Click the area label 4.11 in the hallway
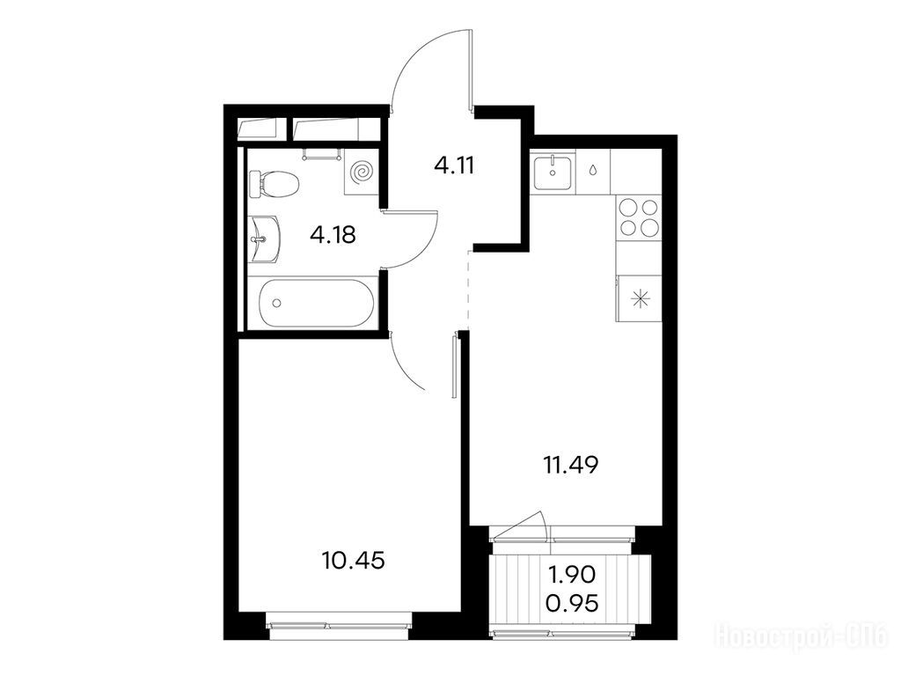pyautogui.click(x=454, y=166)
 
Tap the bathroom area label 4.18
pyautogui.click(x=333, y=234)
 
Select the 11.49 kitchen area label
pyautogui.click(x=570, y=465)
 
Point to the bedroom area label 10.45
pyautogui.click(x=354, y=560)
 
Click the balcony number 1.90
pyautogui.click(x=572, y=574)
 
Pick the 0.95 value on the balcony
pyautogui.click(x=572, y=604)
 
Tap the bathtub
pyautogui.click(x=317, y=303)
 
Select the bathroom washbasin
pyautogui.click(x=265, y=239)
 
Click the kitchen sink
pyautogui.click(x=553, y=172)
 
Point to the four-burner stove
pyautogui.click(x=639, y=217)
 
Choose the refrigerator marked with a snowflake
pyautogui.click(x=639, y=298)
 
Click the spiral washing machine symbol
pyautogui.click(x=363, y=172)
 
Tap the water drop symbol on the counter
pyautogui.click(x=592, y=171)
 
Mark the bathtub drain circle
pyautogui.click(x=277, y=303)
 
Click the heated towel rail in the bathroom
pyautogui.click(x=321, y=153)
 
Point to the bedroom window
pyautogui.click(x=340, y=627)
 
